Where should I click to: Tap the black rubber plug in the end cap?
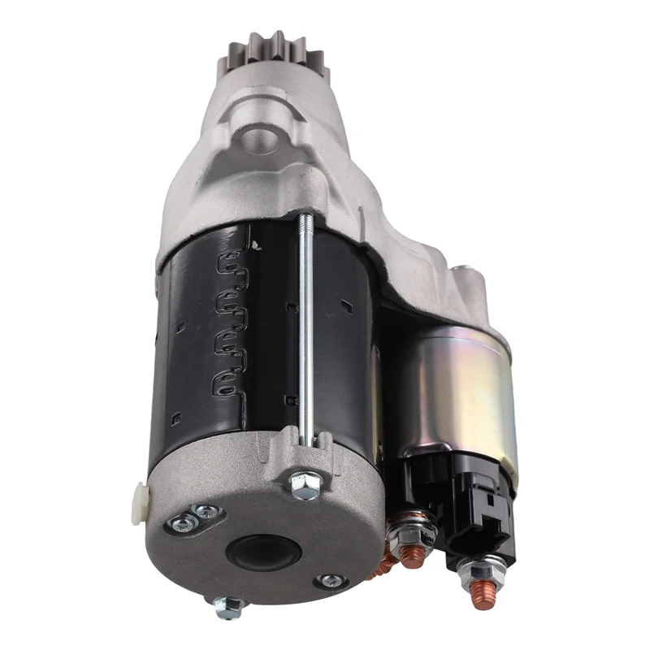tap(264, 552)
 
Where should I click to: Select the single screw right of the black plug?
tap(331, 581)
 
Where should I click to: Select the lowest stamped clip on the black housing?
tap(227, 383)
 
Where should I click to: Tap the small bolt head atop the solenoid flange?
tap(462, 271)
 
